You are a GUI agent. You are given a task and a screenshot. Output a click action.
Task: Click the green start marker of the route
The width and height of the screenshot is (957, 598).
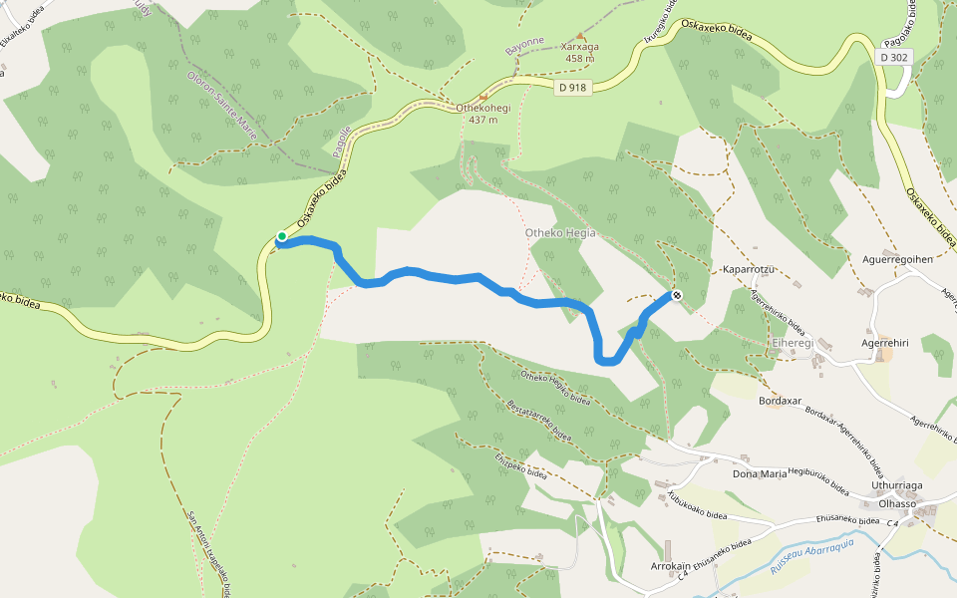point(282,236)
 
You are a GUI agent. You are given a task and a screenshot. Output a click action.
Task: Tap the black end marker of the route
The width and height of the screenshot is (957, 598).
point(677,294)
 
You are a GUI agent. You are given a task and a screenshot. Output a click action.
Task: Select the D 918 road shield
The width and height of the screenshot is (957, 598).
point(572,88)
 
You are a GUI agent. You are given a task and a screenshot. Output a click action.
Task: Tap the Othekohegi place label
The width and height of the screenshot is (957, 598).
point(482,109)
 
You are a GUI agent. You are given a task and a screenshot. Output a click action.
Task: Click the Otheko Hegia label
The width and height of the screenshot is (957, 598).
point(559,233)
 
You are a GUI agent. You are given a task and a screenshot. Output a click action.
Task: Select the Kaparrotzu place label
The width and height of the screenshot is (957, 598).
point(748,270)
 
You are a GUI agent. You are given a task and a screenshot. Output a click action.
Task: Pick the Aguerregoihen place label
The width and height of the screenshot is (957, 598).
point(897,259)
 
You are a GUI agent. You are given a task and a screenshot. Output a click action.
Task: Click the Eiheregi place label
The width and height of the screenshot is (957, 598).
point(793,342)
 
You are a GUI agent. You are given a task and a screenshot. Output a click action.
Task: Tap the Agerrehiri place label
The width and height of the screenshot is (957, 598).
point(884,343)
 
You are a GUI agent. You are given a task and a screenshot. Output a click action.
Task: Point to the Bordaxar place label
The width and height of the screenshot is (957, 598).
point(781,401)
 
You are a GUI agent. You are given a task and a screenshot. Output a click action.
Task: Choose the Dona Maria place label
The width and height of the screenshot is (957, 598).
point(760,473)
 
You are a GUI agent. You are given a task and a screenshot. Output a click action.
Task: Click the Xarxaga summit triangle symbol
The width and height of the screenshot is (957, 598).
point(580,36)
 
